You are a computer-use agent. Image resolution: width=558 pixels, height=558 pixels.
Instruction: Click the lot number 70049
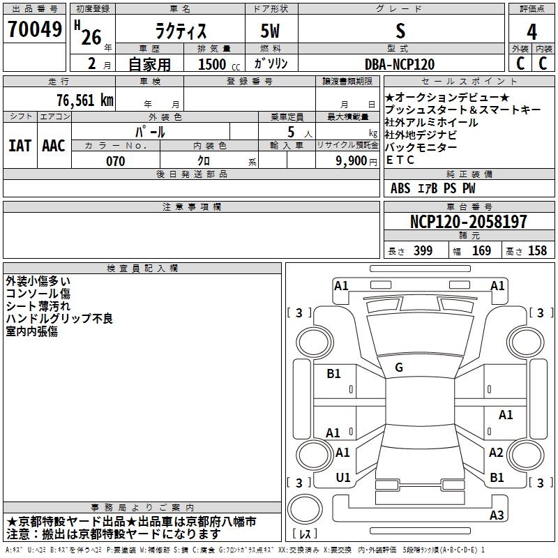pos(35,29)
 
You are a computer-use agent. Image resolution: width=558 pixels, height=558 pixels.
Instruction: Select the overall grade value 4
pos(531,31)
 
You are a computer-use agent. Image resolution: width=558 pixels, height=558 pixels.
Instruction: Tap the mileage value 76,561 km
pos(85,100)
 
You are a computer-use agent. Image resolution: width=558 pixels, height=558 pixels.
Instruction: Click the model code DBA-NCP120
pos(400,64)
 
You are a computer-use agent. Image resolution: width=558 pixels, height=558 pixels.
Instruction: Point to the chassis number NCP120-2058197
pos(468,221)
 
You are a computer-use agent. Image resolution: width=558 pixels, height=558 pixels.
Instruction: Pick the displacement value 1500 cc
pos(219,64)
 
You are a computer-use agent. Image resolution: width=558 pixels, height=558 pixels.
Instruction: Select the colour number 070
pos(116,161)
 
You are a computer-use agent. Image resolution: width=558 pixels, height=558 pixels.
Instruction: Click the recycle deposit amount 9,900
pos(352,161)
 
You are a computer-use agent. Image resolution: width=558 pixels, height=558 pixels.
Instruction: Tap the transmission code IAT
pos(20,146)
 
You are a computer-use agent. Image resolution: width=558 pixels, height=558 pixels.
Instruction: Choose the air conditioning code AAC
pos(54,146)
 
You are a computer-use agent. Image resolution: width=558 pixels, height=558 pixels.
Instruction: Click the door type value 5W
pos(270,31)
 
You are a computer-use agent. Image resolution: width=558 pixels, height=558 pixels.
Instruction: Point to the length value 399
pos(423,250)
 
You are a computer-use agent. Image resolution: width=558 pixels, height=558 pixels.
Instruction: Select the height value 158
pos(537,250)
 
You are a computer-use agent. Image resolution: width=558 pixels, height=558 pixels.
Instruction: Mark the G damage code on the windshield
pos(399,368)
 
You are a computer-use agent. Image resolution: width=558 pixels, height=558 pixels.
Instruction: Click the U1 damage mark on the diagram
pos(343,478)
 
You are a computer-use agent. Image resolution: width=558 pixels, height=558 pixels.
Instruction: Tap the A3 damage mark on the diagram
pos(497,515)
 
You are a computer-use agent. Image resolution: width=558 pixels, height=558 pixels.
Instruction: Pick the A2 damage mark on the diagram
pos(496,452)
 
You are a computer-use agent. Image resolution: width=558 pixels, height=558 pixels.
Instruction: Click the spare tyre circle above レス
pos(305,508)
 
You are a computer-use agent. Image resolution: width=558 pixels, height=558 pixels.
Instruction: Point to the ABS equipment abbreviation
pos(400,188)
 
